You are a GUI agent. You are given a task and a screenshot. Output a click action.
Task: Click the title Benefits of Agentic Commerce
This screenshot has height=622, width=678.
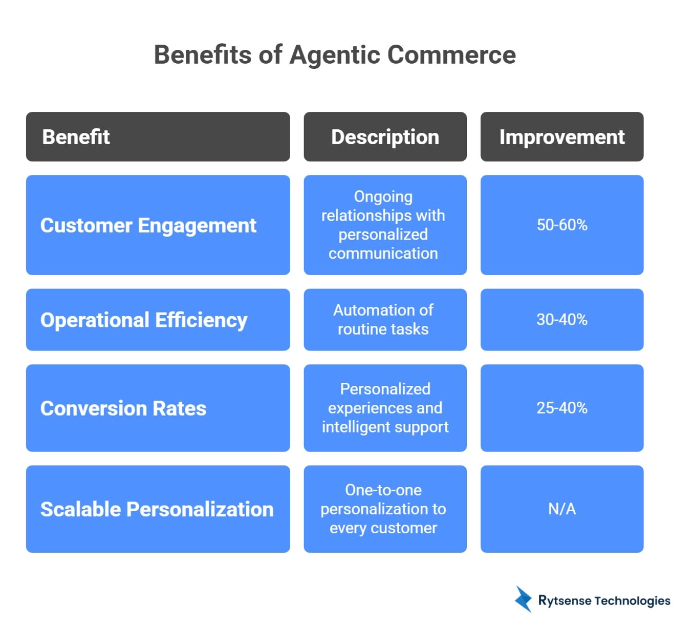click(335, 55)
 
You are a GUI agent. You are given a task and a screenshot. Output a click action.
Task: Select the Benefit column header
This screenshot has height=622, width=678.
click(76, 137)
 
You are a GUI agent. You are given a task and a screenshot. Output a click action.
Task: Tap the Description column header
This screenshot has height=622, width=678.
click(385, 137)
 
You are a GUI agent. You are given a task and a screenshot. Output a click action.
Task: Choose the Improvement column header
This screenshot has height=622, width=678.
click(562, 137)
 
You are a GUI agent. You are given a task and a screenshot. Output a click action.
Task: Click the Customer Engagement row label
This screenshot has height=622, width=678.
click(148, 226)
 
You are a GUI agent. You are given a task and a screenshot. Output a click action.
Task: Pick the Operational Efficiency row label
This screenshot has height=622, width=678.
click(144, 320)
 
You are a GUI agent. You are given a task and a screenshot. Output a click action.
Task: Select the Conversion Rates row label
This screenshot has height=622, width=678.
click(123, 409)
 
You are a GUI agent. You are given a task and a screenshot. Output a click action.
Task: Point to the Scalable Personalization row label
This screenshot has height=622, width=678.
click(157, 509)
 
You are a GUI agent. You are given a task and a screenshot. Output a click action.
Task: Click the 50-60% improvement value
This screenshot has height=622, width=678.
click(562, 225)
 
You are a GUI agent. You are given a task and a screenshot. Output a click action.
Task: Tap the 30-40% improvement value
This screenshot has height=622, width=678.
click(562, 320)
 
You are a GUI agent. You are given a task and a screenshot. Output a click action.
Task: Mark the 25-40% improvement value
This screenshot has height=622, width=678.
click(562, 408)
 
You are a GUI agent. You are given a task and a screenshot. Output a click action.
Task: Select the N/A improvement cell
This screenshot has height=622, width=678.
click(562, 509)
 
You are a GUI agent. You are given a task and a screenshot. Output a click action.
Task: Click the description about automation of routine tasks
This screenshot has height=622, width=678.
click(383, 320)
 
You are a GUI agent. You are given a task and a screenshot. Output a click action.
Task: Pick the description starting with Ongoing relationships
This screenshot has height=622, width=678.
click(383, 225)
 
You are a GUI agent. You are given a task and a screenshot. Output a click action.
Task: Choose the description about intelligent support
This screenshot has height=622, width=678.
click(385, 408)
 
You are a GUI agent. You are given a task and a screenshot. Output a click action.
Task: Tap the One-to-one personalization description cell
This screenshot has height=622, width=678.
click(383, 509)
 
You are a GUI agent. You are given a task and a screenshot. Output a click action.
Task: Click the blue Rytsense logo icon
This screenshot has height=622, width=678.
click(523, 599)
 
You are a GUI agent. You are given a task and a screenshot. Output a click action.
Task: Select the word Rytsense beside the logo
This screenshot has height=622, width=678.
click(564, 601)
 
